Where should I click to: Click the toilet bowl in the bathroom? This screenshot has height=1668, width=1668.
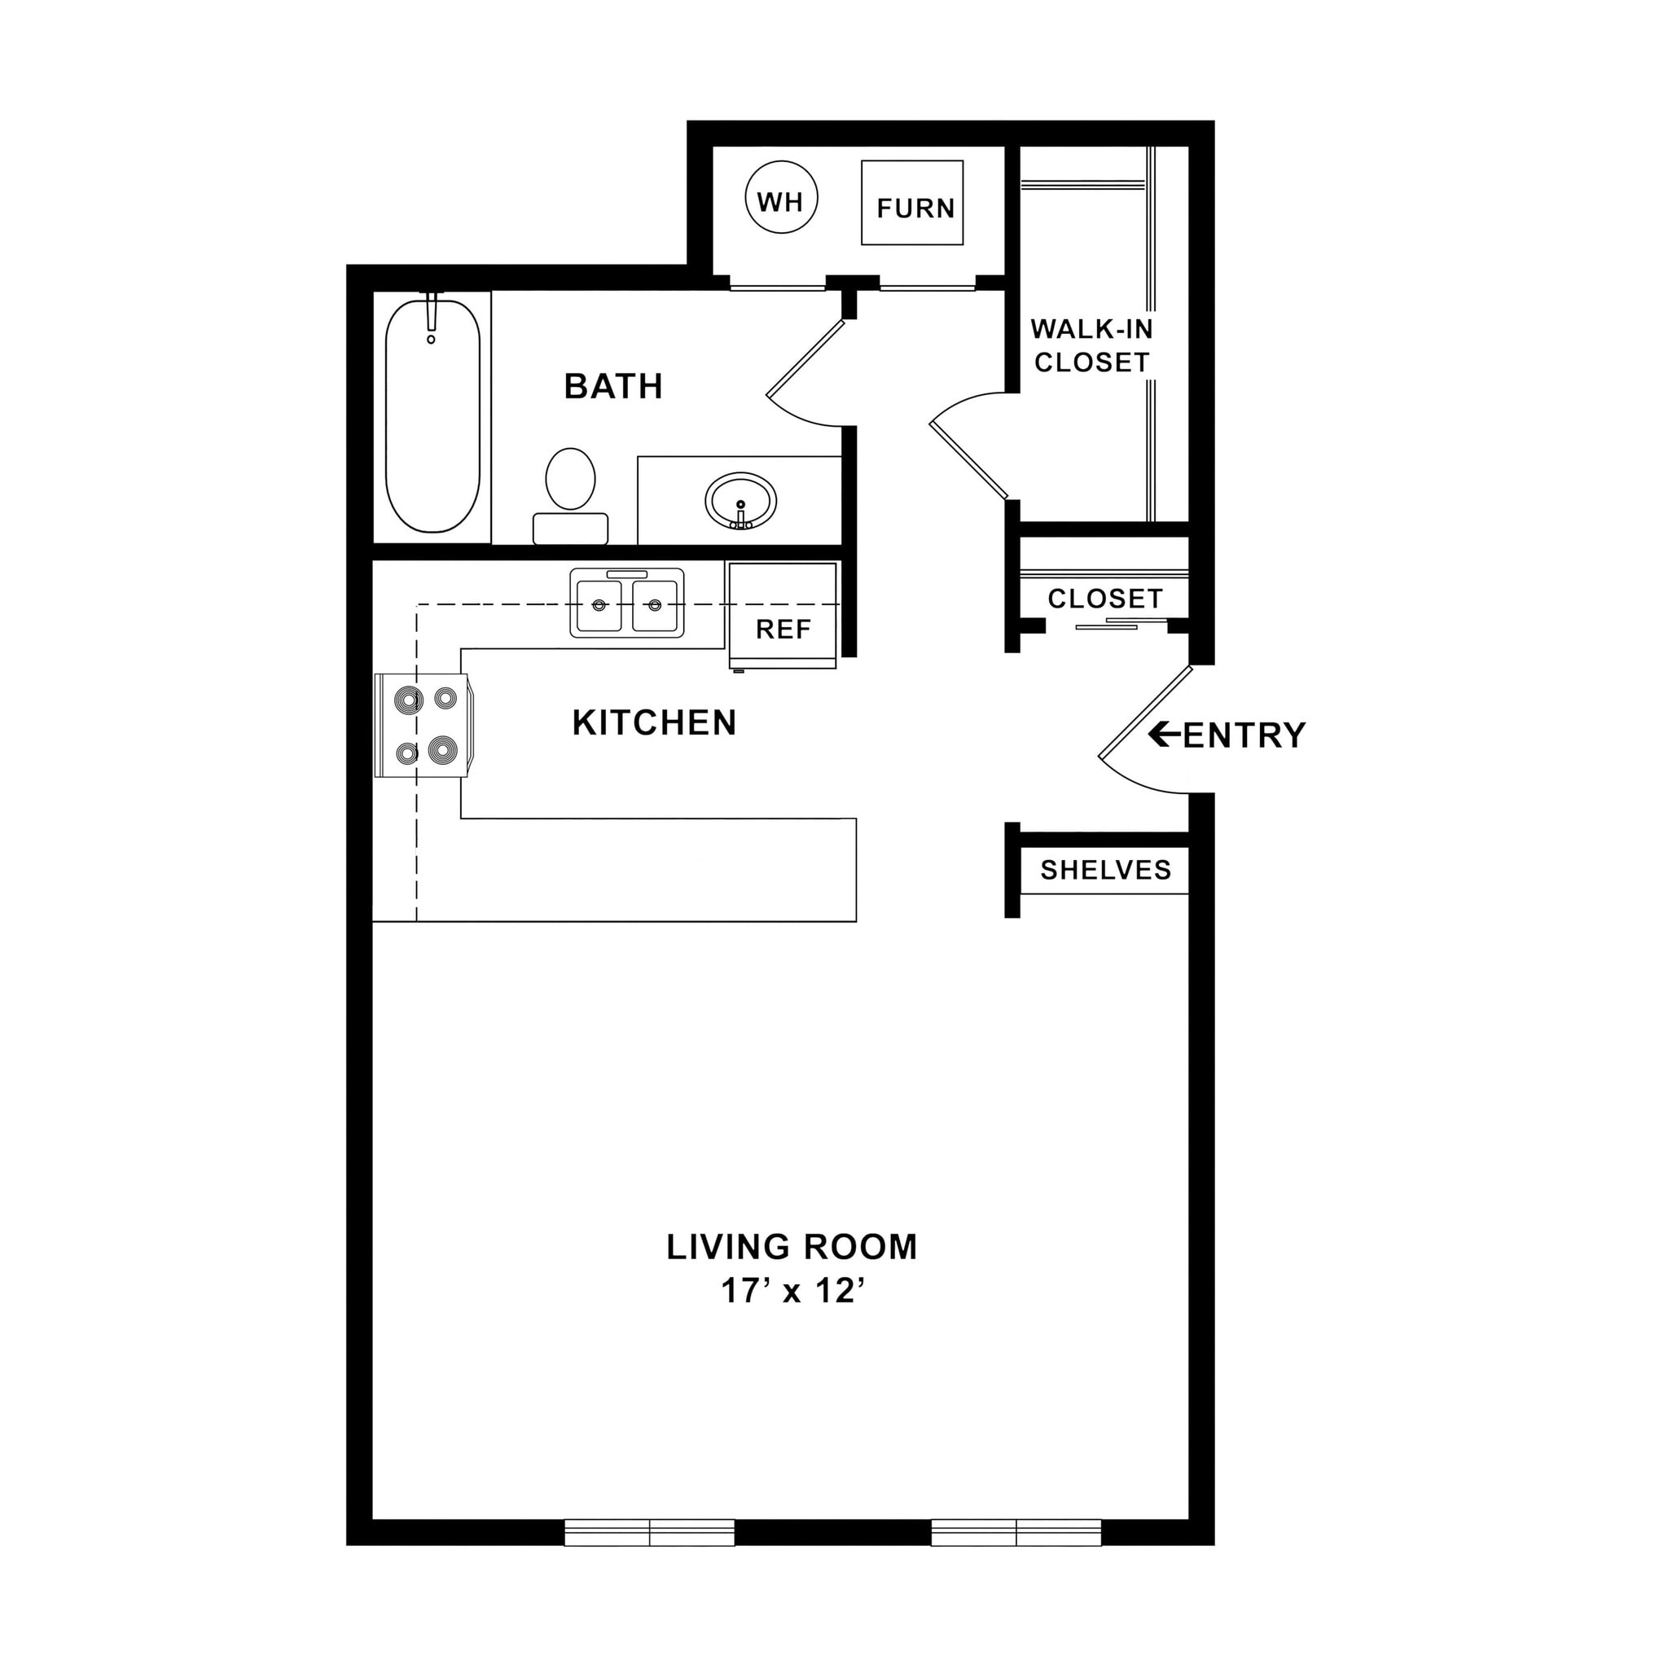tap(571, 479)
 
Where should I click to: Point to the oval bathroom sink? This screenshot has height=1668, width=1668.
tap(740, 501)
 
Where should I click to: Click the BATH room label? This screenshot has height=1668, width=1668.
tap(613, 386)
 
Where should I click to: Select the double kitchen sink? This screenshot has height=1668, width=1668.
tap(627, 602)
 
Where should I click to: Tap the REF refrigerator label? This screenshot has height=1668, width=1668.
tap(783, 630)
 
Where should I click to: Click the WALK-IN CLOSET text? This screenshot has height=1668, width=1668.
tap(1091, 345)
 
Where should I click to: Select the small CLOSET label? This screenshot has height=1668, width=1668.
tap(1104, 599)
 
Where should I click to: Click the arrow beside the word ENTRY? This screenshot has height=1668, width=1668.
tap(1163, 735)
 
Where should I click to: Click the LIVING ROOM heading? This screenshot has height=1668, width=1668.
tap(791, 1246)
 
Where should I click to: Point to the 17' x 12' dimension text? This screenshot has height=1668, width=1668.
tap(792, 1291)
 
